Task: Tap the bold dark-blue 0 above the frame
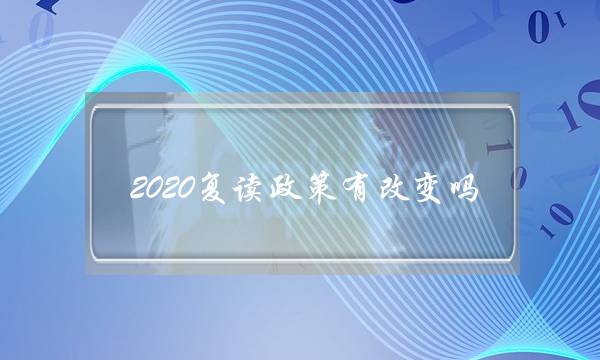pyautogui.click(x=538, y=30)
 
